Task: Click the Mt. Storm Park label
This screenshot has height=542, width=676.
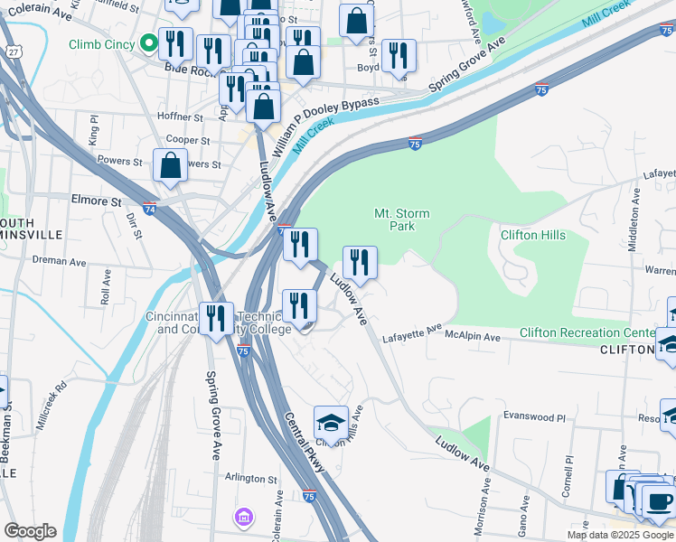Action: [401, 220]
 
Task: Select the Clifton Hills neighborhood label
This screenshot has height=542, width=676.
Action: [533, 236]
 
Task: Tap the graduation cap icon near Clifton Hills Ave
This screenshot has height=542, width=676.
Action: [331, 423]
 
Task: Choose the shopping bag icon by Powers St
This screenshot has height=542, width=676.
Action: [170, 165]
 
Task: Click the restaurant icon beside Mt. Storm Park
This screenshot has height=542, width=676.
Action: [360, 263]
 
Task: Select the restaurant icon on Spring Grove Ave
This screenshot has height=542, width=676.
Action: [216, 319]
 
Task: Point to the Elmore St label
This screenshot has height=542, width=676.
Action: [97, 201]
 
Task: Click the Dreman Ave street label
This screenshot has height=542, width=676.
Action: [61, 263]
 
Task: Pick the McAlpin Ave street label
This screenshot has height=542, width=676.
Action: [472, 337]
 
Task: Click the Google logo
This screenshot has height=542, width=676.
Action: [30, 531]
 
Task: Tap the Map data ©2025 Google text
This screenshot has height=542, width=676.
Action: [620, 535]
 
